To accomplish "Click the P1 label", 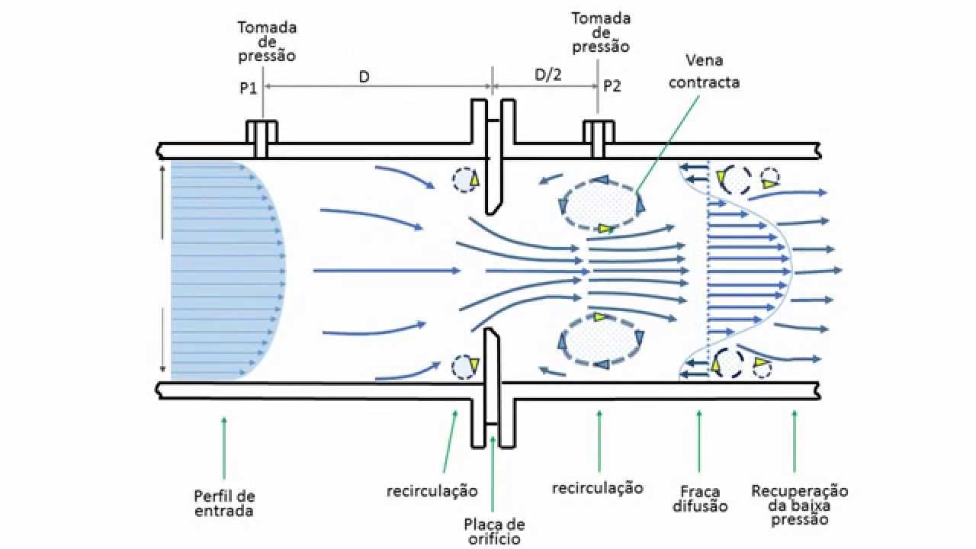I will (x=247, y=87).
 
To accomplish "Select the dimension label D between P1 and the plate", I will (x=364, y=77).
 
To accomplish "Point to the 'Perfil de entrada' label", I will (x=224, y=503).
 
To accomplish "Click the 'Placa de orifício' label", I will (x=494, y=531).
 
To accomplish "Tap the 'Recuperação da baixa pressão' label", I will (x=799, y=505).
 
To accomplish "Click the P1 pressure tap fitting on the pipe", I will (x=261, y=137).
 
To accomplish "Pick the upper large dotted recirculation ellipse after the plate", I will (x=602, y=202).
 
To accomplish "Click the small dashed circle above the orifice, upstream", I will (x=464, y=179).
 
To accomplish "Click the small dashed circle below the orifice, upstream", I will (x=464, y=366).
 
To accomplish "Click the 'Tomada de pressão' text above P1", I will (x=267, y=41).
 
